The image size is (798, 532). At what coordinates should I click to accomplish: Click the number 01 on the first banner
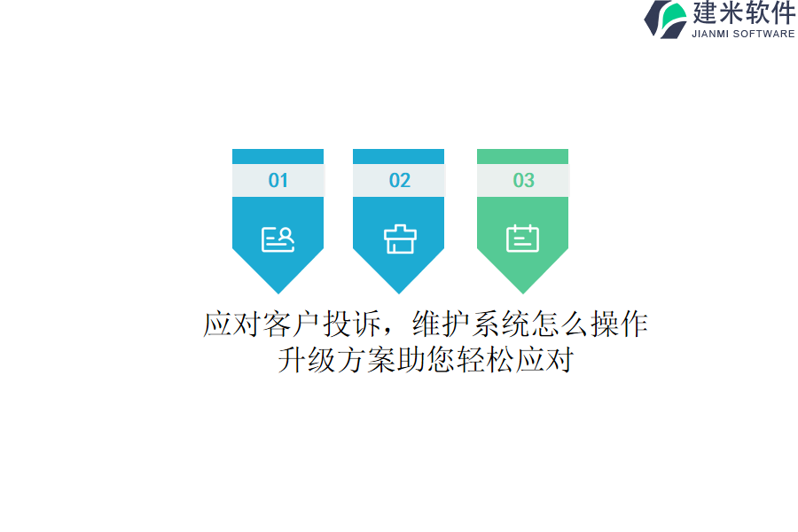point(278,180)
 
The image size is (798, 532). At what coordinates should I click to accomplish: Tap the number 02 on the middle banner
point(400,180)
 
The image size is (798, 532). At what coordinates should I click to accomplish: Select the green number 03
point(524,180)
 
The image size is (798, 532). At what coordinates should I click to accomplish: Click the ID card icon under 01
point(278,239)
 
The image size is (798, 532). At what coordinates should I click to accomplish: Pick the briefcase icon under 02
point(400,239)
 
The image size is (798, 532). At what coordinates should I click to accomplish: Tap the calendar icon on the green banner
point(522,239)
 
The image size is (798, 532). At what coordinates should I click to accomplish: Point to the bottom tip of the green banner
point(522,293)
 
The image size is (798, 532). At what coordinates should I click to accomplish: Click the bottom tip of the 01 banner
point(278,293)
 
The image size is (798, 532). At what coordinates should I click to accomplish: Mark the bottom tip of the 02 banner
point(398,293)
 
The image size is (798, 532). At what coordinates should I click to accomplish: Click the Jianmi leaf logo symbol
point(665,20)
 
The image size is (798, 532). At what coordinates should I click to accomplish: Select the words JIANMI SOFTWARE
point(743,34)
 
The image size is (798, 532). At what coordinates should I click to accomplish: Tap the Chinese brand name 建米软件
point(744,12)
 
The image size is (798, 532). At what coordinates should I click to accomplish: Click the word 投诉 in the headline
point(352,324)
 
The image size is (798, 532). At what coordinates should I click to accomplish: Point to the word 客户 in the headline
point(292,324)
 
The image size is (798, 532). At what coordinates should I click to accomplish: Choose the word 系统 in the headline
point(501,324)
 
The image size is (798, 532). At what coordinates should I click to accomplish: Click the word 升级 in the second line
point(307,360)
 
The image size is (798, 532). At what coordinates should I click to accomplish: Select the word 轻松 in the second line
point(486,360)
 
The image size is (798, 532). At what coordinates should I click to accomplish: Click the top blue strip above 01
point(278,156)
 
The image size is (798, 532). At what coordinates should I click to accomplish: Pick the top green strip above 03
point(522,156)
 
